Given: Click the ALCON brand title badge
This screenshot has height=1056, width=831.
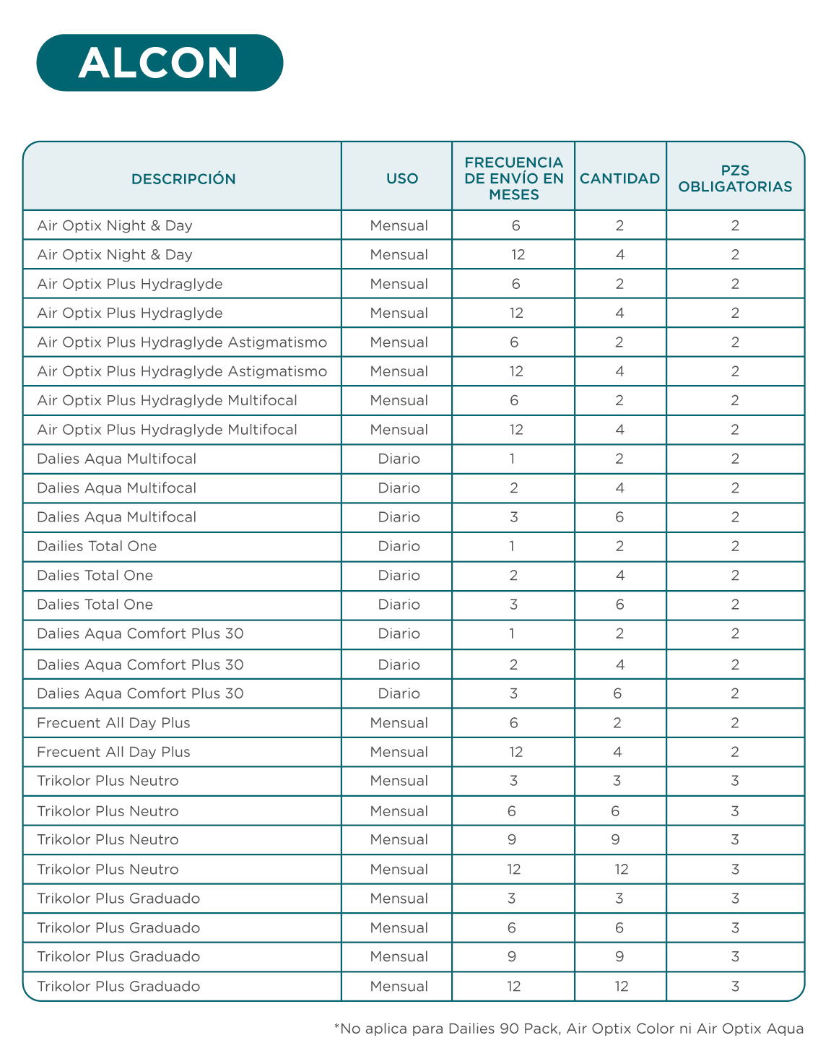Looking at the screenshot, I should click(160, 63).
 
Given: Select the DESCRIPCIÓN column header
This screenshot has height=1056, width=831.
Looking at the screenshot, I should click(183, 178).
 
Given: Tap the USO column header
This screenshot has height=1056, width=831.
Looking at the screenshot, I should click(402, 178).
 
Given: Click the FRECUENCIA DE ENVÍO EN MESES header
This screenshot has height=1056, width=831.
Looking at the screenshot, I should click(514, 178).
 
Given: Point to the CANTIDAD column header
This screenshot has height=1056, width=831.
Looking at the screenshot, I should click(619, 178).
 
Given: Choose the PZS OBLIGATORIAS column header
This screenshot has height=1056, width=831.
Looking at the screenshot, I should click(735, 178).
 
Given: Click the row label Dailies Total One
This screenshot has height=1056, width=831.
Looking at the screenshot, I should click(97, 546).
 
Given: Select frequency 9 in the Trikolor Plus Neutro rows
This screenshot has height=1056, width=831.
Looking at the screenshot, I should click(512, 839).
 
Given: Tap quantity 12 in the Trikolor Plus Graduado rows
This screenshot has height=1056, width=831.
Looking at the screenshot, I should click(621, 986).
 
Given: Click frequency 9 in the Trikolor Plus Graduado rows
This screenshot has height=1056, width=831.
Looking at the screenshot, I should click(512, 956).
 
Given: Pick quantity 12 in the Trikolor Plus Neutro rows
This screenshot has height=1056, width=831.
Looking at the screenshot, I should click(621, 869).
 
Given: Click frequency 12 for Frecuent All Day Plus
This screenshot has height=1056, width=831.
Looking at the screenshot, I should click(515, 752).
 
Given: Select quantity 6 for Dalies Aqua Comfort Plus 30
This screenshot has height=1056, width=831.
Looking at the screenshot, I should click(617, 693).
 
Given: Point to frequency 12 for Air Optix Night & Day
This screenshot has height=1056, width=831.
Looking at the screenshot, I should click(518, 254).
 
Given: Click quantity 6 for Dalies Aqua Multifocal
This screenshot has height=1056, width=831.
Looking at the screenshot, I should click(619, 517).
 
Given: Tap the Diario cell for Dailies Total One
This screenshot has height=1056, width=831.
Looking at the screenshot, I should click(399, 546).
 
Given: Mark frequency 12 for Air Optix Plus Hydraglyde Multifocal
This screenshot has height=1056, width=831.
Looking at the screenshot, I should click(515, 430).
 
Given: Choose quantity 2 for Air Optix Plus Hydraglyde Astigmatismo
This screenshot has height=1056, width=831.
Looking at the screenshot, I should click(619, 342).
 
